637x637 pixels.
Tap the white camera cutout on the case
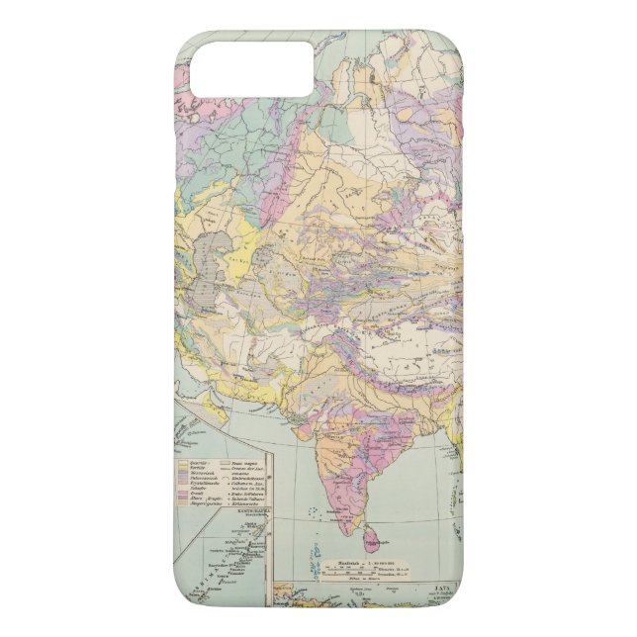[251, 68]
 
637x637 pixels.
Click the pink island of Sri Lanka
[372, 537]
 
